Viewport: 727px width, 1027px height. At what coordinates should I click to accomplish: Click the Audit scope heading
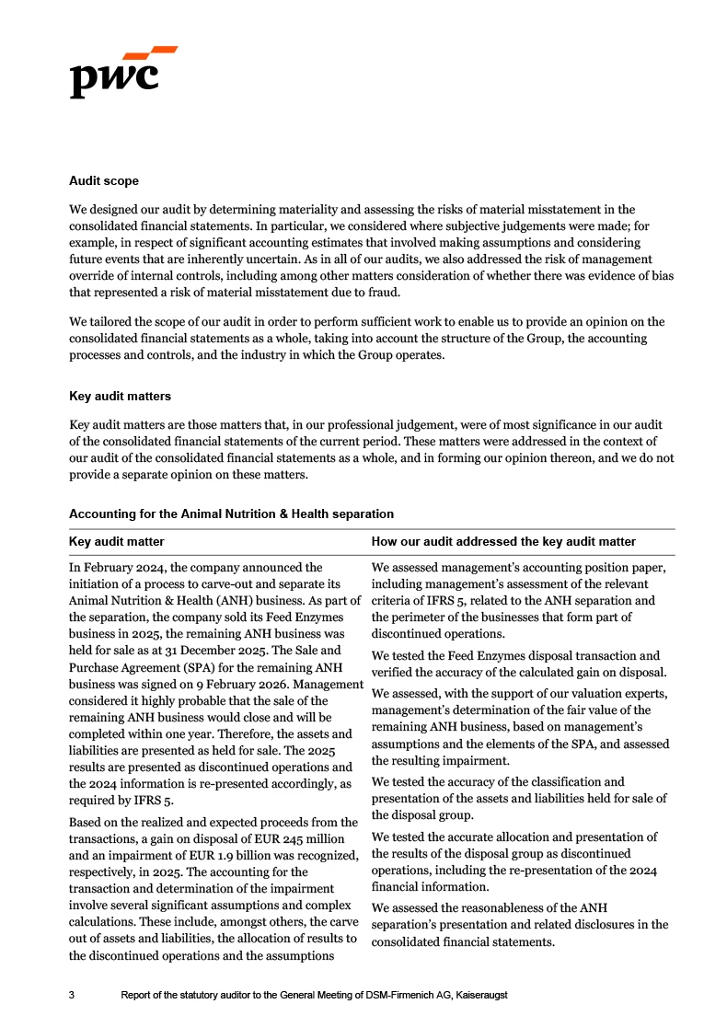104,181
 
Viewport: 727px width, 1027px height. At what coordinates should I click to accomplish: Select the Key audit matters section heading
121,397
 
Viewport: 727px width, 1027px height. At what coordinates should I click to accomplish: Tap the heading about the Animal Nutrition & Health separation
231,513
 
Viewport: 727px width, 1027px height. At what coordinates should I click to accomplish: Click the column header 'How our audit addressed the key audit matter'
502,542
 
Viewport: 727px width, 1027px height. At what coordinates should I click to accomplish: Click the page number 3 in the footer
74,996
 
